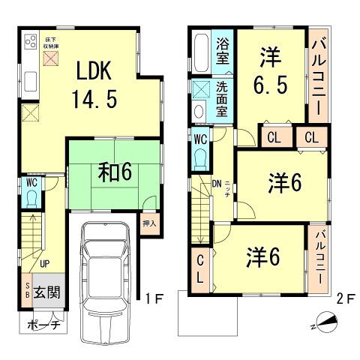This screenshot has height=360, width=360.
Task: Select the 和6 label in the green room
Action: tap(116, 173)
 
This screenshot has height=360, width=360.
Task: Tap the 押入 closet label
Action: tap(149, 222)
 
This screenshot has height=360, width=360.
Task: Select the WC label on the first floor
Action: tap(30, 181)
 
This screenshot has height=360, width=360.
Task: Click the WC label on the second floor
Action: tap(200, 139)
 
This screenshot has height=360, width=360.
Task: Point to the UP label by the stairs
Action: tap(44, 263)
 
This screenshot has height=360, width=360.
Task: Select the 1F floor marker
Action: tap(154, 298)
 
